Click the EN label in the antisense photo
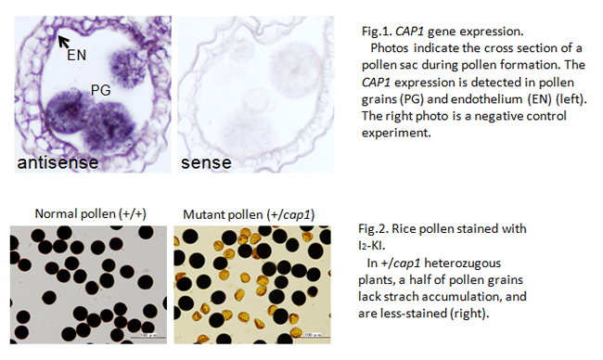click(76, 55)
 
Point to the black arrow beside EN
click(63, 42)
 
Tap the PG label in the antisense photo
click(101, 90)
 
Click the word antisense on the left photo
click(58, 162)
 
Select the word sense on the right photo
click(206, 162)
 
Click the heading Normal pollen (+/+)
click(90, 213)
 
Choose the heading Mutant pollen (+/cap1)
click(249, 214)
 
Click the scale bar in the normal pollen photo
click(148, 338)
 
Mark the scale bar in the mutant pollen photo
click(313, 338)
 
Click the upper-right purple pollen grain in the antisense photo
click(126, 68)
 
